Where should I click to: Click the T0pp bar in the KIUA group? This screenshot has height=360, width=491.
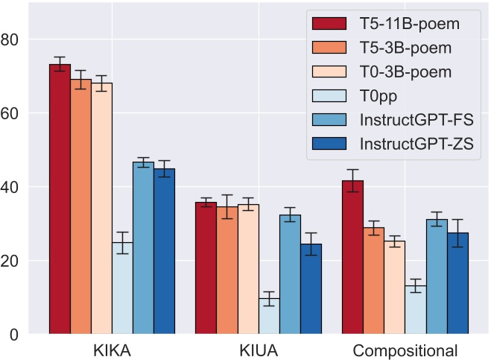pyautogui.click(x=269, y=316)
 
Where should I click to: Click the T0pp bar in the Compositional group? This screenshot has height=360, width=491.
pyautogui.click(x=415, y=310)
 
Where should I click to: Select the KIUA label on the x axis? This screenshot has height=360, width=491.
pyautogui.click(x=259, y=350)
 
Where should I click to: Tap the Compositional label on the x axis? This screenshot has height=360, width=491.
pyautogui.click(x=405, y=350)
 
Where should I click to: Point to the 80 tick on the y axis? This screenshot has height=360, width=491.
pyautogui.click(x=14, y=40)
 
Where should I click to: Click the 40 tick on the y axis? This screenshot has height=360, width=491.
pyautogui.click(x=14, y=187)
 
